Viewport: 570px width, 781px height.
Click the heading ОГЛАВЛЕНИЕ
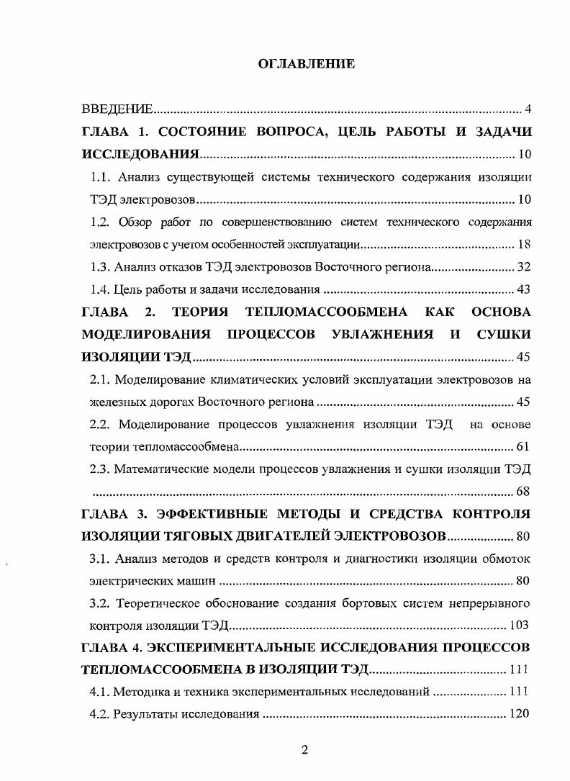306,65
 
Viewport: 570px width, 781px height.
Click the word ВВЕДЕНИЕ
116,110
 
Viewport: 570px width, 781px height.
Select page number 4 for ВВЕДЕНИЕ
528,110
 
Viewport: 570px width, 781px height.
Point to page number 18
524,244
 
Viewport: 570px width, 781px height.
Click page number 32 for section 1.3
524,267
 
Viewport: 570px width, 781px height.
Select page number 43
524,290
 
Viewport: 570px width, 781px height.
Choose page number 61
524,447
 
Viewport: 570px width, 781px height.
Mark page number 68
524,492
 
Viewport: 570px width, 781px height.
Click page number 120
520,715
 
